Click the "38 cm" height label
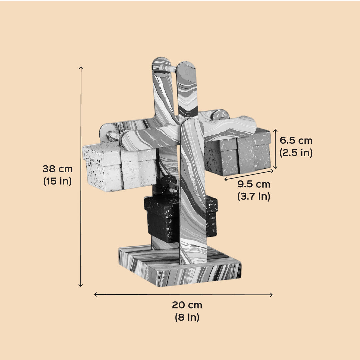click(x=58, y=169)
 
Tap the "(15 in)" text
click(x=58, y=181)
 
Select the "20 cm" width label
click(x=187, y=305)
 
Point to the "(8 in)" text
click(x=187, y=317)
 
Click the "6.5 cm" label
click(x=296, y=141)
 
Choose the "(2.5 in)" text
click(x=296, y=153)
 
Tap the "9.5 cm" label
click(x=254, y=184)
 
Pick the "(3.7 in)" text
click(x=254, y=196)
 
